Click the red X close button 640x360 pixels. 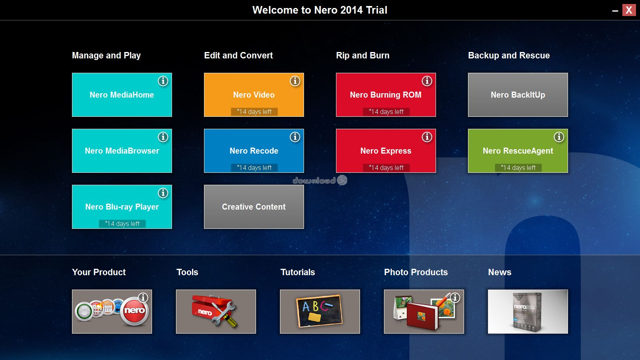pyautogui.click(x=629, y=10)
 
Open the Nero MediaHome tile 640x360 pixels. pyautogui.click(x=122, y=94)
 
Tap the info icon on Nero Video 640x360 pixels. pyautogui.click(x=295, y=81)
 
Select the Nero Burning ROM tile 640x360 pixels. pyautogui.click(x=386, y=94)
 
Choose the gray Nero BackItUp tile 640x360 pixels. pyautogui.click(x=518, y=94)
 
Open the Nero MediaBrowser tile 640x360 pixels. pyautogui.click(x=122, y=150)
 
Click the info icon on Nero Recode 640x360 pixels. pyautogui.click(x=295, y=137)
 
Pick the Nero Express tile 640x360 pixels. pyautogui.click(x=386, y=150)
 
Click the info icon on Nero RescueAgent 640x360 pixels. pyautogui.click(x=559, y=137)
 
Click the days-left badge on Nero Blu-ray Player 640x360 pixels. pyautogui.click(x=122, y=224)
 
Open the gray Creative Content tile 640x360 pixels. pyautogui.click(x=254, y=206)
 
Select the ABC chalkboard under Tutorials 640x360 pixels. pyautogui.click(x=319, y=311)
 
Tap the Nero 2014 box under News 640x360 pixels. pyautogui.click(x=528, y=312)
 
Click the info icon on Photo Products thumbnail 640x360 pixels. pyautogui.click(x=455, y=298)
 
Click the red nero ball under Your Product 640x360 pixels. pyautogui.click(x=134, y=311)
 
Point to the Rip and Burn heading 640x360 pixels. pyautogui.click(x=362, y=56)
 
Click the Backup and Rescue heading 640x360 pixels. pyautogui.click(x=509, y=56)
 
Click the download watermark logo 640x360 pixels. pyautogui.click(x=320, y=180)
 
